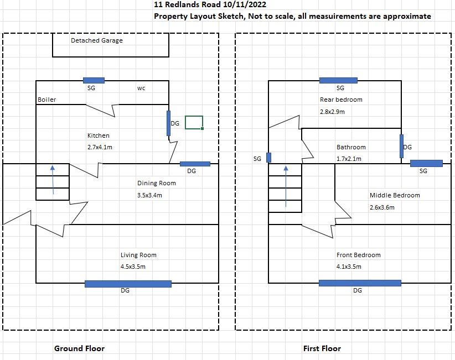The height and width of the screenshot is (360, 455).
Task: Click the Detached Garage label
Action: [x=97, y=40]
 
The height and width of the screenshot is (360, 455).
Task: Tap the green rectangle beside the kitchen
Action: [x=194, y=122]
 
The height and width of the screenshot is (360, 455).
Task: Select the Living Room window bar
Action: [x=128, y=284]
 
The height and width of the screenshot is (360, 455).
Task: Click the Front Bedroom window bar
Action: [x=360, y=283]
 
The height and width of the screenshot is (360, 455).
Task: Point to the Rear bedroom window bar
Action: [x=339, y=80]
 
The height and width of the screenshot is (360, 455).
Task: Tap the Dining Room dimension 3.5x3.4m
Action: [x=149, y=195]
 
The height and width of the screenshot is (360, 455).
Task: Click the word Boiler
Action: [x=47, y=100]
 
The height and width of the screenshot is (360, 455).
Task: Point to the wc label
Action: [x=141, y=88]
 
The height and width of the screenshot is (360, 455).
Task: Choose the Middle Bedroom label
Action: [x=395, y=195]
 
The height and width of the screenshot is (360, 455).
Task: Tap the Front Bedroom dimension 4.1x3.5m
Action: [x=349, y=267]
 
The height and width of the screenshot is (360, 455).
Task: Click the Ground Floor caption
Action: [x=79, y=348]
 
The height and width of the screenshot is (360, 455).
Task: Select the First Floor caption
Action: [x=322, y=348]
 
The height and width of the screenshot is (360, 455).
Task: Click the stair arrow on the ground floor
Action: [x=53, y=180]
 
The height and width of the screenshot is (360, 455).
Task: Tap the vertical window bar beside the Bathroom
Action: [x=401, y=146]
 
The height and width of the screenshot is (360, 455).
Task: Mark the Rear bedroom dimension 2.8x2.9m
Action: [x=332, y=112]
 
